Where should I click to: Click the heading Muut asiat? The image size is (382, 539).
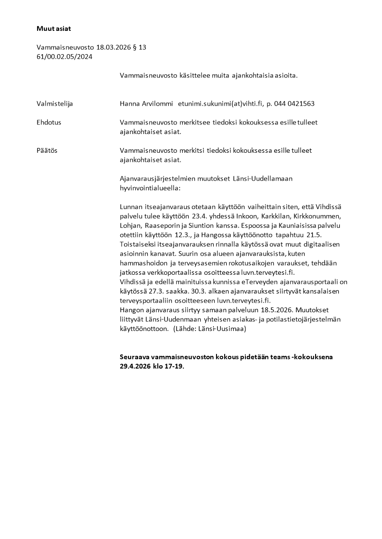pyautogui.click(x=53, y=28)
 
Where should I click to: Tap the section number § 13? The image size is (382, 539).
pyautogui.click(x=139, y=48)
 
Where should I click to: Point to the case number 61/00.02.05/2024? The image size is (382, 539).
pyautogui.click(x=64, y=56)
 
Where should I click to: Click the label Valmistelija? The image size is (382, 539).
pyautogui.click(x=55, y=103)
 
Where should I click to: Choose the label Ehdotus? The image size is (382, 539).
pyautogui.click(x=49, y=122)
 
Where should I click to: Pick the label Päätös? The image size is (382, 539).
pyautogui.click(x=47, y=150)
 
